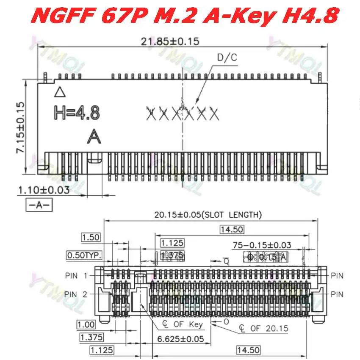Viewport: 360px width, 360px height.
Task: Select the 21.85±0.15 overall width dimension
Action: (169, 41)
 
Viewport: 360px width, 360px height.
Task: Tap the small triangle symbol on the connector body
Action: (61, 91)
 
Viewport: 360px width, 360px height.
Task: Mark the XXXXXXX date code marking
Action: (182, 113)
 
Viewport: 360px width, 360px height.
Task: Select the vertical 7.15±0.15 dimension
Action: (19, 127)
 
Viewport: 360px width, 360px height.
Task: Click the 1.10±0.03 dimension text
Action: (43, 190)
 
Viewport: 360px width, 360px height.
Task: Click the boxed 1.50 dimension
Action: (91, 237)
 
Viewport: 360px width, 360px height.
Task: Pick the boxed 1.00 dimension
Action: (86, 324)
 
